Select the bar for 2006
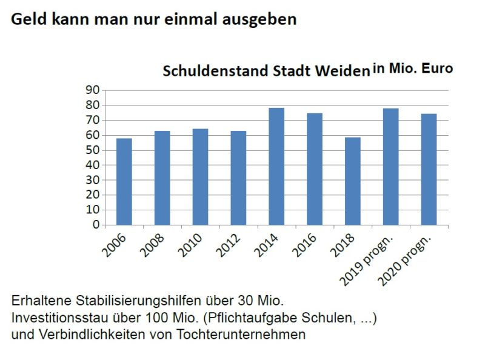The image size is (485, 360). (x=124, y=182)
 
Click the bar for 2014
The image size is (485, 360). (x=276, y=167)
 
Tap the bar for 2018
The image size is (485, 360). (x=352, y=181)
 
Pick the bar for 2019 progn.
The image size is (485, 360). (x=390, y=167)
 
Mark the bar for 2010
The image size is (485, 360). (x=200, y=177)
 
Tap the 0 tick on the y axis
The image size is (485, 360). (x=96, y=225)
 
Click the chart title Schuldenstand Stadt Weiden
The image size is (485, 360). (x=266, y=72)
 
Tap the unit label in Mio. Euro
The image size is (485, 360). (x=412, y=68)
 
